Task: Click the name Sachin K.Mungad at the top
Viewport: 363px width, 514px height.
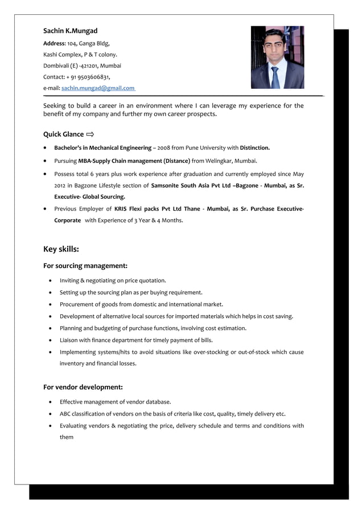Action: [x=71, y=30]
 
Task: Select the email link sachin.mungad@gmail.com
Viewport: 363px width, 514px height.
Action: [x=98, y=88]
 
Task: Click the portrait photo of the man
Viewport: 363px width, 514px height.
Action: [x=277, y=57]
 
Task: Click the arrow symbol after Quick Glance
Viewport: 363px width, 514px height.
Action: [x=90, y=135]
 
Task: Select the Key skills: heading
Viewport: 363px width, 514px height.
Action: [x=61, y=249]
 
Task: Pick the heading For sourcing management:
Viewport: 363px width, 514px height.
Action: [x=85, y=266]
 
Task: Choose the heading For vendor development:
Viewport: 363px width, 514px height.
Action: [x=83, y=387]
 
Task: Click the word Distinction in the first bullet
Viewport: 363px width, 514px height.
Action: [x=254, y=148]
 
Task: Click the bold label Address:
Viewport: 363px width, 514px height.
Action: [x=55, y=43]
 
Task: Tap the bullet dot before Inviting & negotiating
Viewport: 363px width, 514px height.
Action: [x=52, y=281]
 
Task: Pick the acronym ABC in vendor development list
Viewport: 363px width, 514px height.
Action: [x=65, y=414]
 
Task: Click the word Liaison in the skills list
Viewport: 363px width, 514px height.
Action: [x=70, y=340]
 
